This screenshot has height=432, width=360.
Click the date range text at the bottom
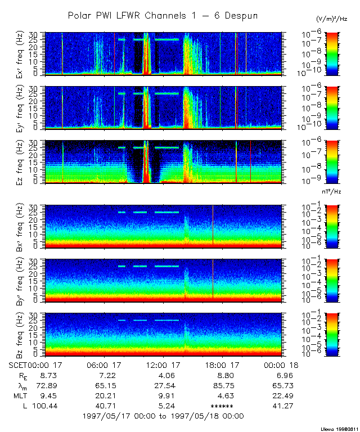point(163,416)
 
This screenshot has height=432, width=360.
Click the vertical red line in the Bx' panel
point(213,225)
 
